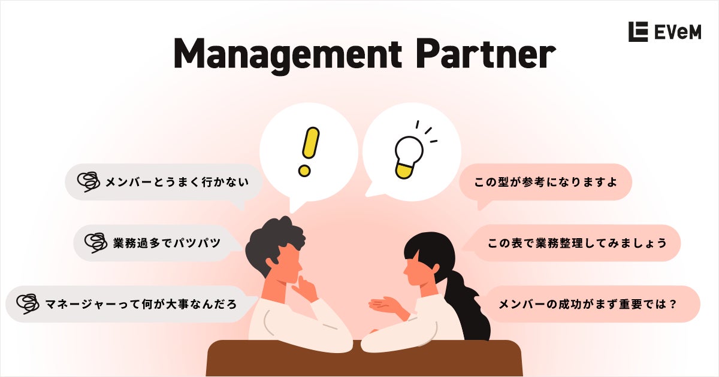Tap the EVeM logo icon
(638, 32)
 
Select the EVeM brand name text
(677, 32)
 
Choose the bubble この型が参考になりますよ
(545, 181)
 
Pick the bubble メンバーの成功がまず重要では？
(590, 304)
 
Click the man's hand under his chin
(306, 291)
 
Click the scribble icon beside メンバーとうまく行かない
(89, 181)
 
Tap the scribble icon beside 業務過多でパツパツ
(96, 242)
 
